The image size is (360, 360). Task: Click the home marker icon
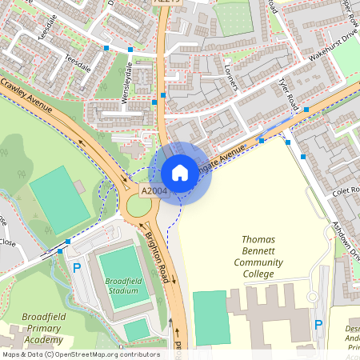180,173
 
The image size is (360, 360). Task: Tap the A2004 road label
154,191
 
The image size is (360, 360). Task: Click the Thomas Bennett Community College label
258,256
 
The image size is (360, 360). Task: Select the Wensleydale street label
126,79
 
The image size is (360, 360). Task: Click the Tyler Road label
289,94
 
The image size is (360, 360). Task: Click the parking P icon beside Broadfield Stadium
77,268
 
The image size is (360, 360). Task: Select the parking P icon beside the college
318,325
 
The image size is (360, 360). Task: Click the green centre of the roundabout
138,207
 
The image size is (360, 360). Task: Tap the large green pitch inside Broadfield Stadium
118,264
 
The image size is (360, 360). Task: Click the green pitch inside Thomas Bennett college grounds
210,318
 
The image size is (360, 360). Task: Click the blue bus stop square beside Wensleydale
154,102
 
